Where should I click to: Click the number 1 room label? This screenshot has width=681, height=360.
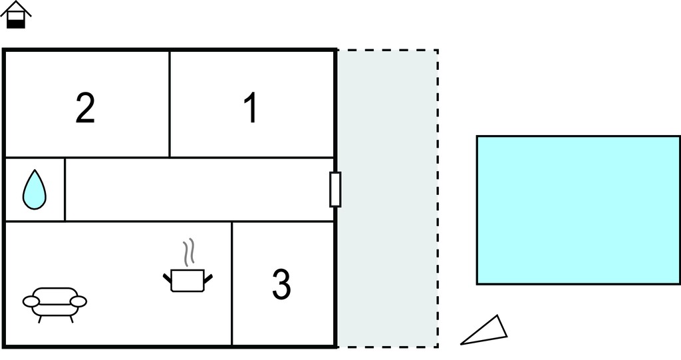click(x=251, y=108)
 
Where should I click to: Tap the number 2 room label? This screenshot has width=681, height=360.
click(x=85, y=108)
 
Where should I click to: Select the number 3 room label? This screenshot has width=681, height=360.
click(x=281, y=284)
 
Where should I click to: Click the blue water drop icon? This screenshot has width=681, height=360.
click(x=35, y=190)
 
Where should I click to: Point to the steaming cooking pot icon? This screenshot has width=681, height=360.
click(x=188, y=266)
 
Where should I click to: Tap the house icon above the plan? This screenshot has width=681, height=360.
click(x=16, y=15)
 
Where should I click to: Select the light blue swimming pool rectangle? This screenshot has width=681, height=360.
click(x=579, y=210)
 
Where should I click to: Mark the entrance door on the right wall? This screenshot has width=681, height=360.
click(x=335, y=189)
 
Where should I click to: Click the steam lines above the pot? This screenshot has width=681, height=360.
click(x=188, y=252)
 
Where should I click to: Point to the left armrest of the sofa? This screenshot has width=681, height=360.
click(x=31, y=301)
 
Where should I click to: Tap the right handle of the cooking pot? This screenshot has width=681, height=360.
click(x=207, y=278)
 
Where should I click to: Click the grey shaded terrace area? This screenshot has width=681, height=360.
click(x=388, y=198)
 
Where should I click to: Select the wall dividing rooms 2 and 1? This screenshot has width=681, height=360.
click(x=170, y=104)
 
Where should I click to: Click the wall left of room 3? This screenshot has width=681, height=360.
click(x=231, y=283)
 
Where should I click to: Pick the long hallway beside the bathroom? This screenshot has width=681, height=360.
click(x=199, y=190)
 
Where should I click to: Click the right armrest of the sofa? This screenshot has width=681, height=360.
click(x=78, y=301)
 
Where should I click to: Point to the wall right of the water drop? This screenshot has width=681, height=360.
click(x=65, y=190)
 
